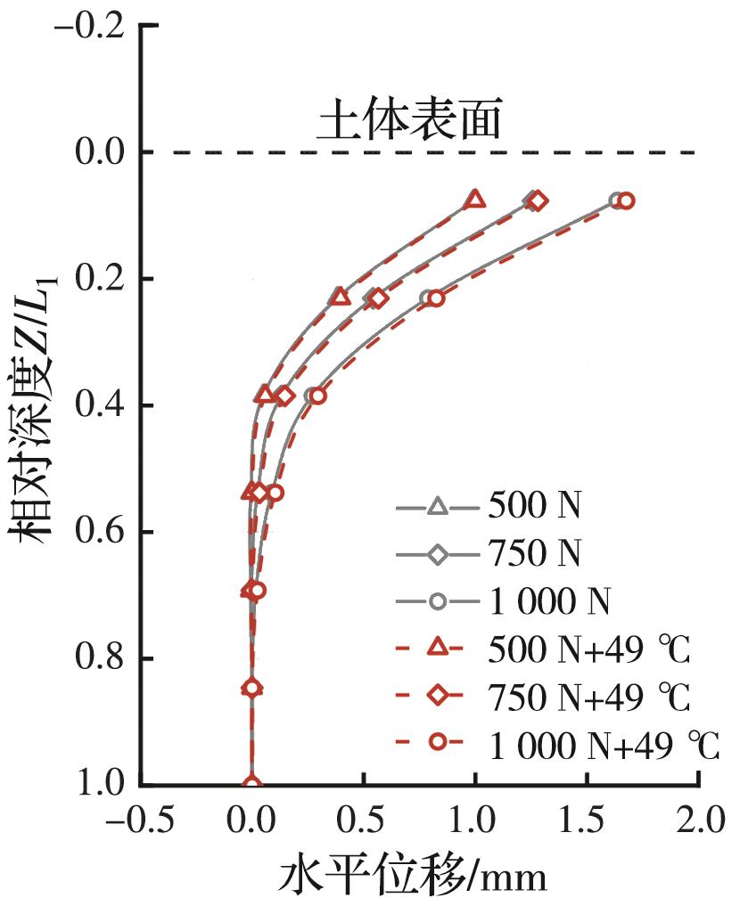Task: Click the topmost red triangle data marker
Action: (x=475, y=199)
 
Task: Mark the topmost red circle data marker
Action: (x=626, y=201)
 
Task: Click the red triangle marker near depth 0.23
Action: (x=340, y=297)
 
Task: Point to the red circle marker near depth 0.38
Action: (x=317, y=396)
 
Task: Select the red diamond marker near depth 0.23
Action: (x=378, y=298)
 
